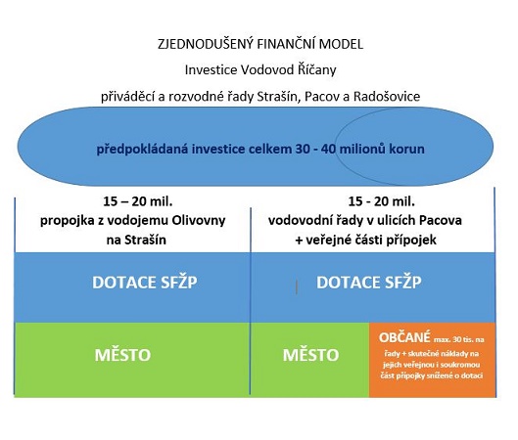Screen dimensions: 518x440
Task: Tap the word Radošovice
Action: [387, 97]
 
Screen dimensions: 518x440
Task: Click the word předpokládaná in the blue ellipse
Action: [142, 149]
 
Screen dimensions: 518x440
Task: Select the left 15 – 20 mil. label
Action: [138, 201]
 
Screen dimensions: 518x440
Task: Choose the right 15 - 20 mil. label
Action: [382, 201]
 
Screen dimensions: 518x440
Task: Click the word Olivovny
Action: [198, 220]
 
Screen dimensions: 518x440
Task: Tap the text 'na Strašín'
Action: [136, 240]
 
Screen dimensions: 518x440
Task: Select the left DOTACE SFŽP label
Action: [145, 283]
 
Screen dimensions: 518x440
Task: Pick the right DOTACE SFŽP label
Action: [369, 283]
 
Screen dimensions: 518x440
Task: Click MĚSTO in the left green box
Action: [122, 355]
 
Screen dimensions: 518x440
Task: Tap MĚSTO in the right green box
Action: [310, 355]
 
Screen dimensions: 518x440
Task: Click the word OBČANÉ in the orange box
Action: [404, 337]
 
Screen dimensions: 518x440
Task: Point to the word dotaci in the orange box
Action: [472, 375]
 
